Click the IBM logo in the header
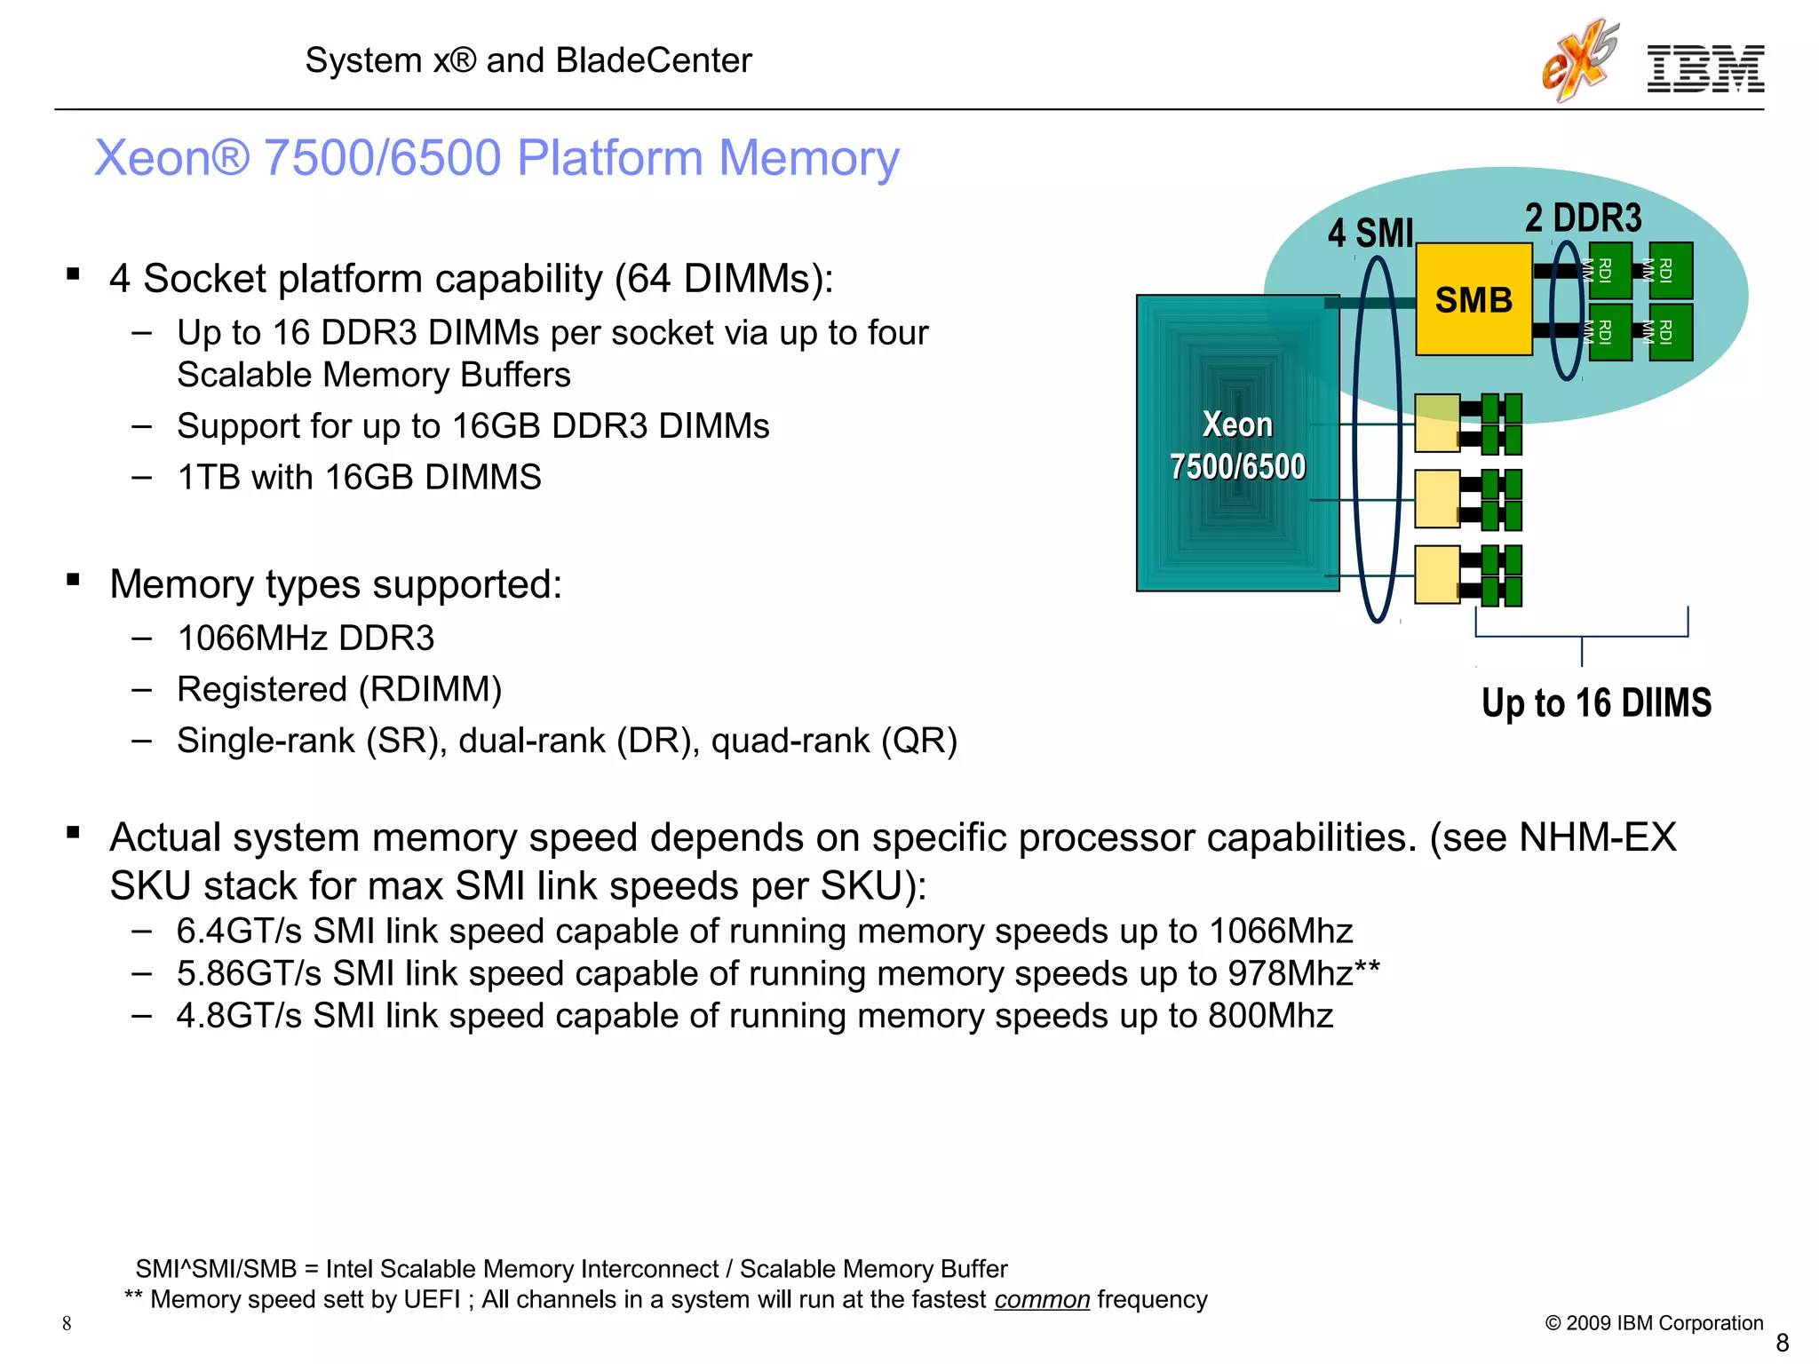[x=1705, y=68]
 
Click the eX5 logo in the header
[x=1579, y=60]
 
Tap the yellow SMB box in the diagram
[x=1473, y=300]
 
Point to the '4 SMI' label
[x=1370, y=234]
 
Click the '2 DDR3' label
[x=1584, y=218]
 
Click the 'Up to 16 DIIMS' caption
[x=1596, y=703]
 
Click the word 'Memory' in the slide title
[x=808, y=158]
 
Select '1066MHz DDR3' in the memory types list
[x=306, y=638]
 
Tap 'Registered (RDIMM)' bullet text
[x=339, y=690]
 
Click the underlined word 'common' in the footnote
[x=1041, y=1300]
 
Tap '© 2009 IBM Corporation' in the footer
[x=1654, y=1323]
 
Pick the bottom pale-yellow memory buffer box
[x=1436, y=575]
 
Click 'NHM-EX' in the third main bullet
[x=1597, y=838]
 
